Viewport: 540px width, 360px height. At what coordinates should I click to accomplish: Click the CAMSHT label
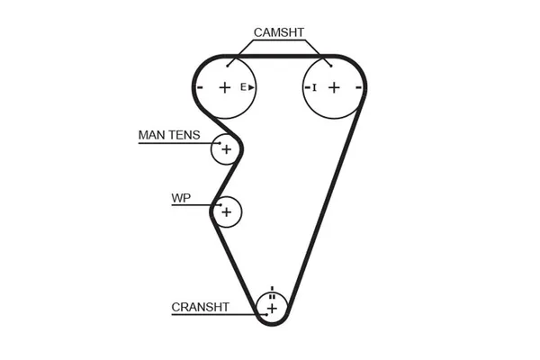click(x=279, y=32)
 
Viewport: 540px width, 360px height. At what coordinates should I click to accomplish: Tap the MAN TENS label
click(x=169, y=135)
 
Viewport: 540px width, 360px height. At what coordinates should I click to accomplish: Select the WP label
click(x=180, y=198)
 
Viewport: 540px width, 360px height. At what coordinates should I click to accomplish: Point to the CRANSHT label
click(x=200, y=307)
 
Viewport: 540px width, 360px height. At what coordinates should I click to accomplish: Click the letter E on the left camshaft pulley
click(x=243, y=87)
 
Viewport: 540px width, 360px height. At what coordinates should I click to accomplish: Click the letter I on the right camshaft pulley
click(x=315, y=87)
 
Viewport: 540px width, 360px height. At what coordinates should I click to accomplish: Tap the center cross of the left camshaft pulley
click(x=224, y=87)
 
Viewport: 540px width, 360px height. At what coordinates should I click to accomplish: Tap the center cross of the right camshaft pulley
click(x=334, y=87)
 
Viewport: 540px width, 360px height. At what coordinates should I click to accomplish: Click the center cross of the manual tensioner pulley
click(x=226, y=148)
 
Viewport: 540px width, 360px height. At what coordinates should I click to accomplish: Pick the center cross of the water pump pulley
click(x=227, y=212)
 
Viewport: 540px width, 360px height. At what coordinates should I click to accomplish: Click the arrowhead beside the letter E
click(x=252, y=87)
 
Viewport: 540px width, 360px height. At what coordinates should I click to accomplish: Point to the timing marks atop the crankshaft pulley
click(x=271, y=290)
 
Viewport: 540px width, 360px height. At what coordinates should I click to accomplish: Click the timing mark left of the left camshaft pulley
click(x=200, y=87)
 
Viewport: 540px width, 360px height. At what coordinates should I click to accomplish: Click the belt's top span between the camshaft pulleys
click(x=279, y=56)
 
